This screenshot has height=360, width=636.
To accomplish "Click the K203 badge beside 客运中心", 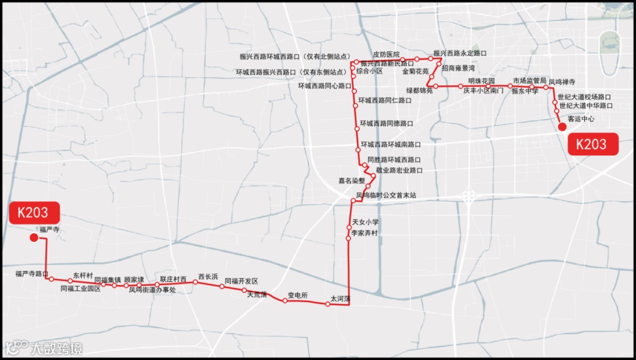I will click(x=593, y=144).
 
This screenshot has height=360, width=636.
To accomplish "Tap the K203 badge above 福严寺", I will click(x=36, y=213).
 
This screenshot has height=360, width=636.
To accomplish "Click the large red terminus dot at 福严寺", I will click(x=34, y=237).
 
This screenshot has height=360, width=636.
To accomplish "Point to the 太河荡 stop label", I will click(x=340, y=299).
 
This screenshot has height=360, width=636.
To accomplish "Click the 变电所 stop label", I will click(x=297, y=295).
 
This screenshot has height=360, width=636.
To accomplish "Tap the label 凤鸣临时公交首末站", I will click(x=386, y=194).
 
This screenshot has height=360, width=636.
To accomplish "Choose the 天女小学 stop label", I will click(x=365, y=222).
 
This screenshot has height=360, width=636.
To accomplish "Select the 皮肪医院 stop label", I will click(x=386, y=54).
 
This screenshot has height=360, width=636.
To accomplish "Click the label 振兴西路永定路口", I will click(x=460, y=53).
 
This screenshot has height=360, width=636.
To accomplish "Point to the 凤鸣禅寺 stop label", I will click(x=562, y=81).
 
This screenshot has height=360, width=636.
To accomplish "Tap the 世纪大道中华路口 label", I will click(x=586, y=105).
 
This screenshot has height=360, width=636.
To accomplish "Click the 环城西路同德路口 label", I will click(x=386, y=124).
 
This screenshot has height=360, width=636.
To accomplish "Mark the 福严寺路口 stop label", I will click(x=32, y=273).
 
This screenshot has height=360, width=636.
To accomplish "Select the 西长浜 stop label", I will click(x=208, y=276).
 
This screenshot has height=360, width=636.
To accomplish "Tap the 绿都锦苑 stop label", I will click(x=419, y=91).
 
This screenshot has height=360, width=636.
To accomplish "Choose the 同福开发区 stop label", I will click(x=241, y=281).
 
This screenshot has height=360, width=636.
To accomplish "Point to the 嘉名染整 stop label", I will click(x=352, y=180).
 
